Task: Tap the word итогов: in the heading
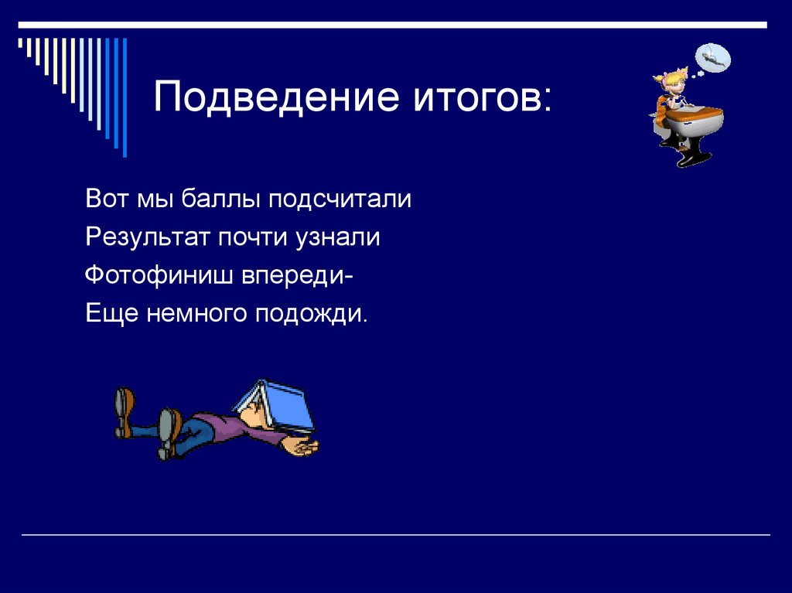point(483,96)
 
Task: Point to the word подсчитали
point(340,199)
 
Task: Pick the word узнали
point(338,237)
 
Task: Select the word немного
point(196,315)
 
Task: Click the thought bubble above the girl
point(712,57)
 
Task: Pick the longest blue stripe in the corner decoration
point(125,97)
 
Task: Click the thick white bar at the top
point(392,25)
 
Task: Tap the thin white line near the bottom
point(395,534)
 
